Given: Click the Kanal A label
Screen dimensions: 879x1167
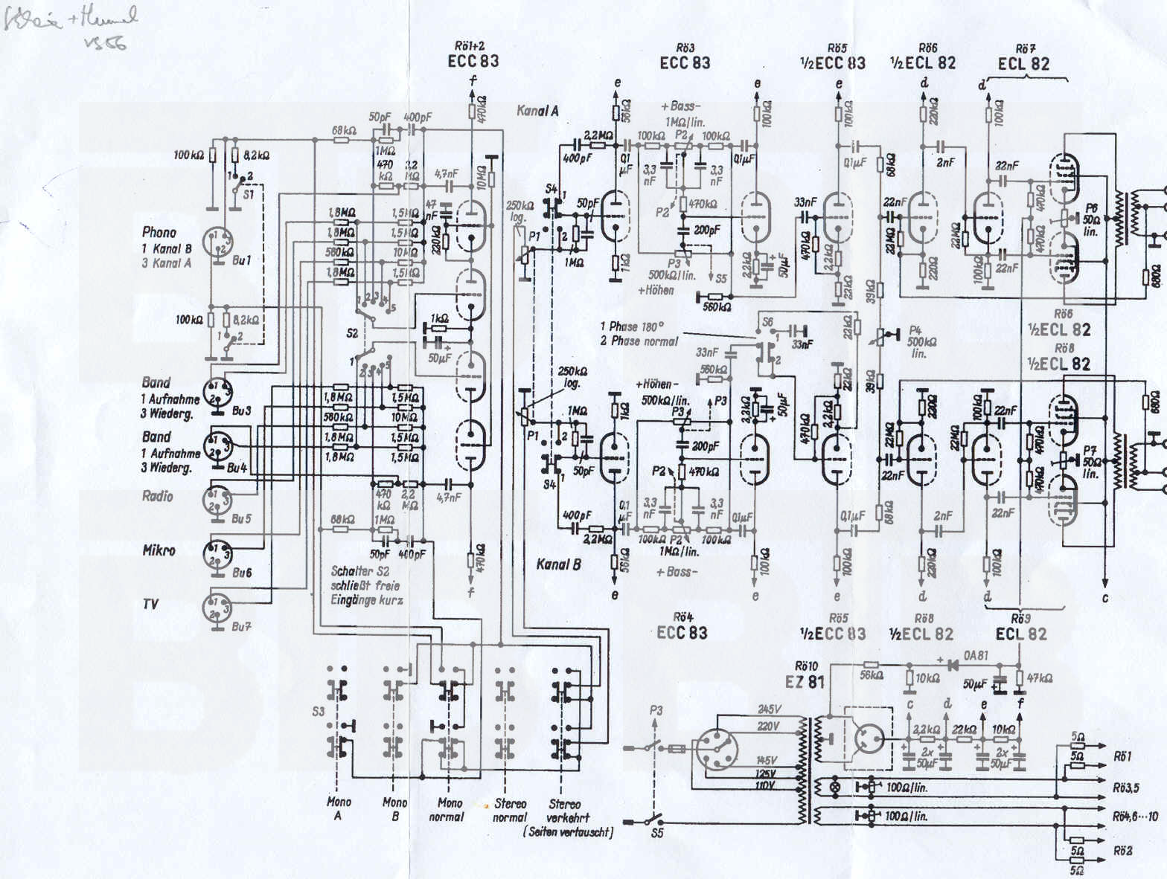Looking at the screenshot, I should tap(537, 111).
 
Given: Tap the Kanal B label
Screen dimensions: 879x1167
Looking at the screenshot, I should tap(558, 564).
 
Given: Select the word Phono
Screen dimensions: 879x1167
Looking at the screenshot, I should tap(159, 232).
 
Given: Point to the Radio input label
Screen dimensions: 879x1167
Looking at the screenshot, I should tap(157, 496).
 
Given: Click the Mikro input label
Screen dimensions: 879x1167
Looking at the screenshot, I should tap(159, 550).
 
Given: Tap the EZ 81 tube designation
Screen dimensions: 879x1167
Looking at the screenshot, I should tap(805, 680).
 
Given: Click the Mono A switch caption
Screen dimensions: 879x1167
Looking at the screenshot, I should tap(338, 809).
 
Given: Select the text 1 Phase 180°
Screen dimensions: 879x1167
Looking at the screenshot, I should tap(632, 326).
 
